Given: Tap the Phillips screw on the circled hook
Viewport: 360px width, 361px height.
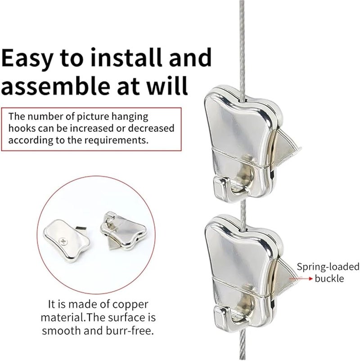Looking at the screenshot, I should [x=62, y=241].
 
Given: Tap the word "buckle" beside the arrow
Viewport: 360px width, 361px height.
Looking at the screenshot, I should [x=329, y=279].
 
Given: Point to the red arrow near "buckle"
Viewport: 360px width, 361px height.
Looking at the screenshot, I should [x=301, y=279].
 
